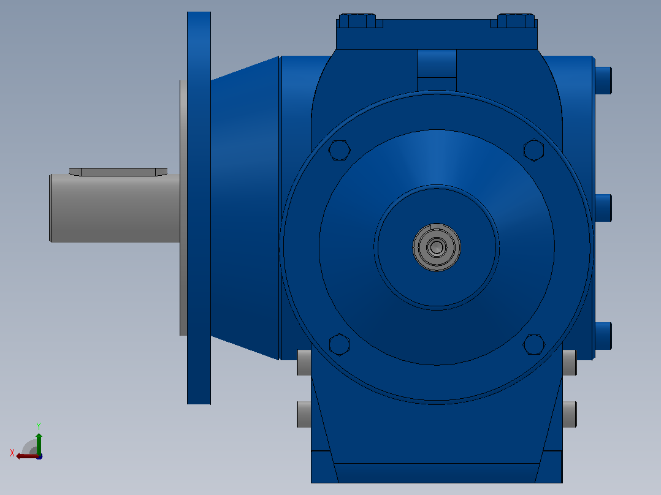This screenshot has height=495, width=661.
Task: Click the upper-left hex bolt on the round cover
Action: click(x=339, y=150)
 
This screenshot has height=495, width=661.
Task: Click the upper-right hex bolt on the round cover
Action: click(x=533, y=150)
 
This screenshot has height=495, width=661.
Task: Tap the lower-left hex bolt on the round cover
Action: click(x=339, y=344)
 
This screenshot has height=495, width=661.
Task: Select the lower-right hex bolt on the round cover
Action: click(x=533, y=344)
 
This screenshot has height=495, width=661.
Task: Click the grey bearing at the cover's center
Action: click(x=437, y=247)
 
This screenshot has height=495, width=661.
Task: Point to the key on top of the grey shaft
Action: click(x=118, y=172)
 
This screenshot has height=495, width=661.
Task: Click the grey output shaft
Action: click(x=115, y=208)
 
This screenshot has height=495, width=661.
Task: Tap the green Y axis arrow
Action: click(x=39, y=443)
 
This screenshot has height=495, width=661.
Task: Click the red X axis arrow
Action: click(x=27, y=456)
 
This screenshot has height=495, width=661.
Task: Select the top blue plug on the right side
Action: click(x=603, y=80)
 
